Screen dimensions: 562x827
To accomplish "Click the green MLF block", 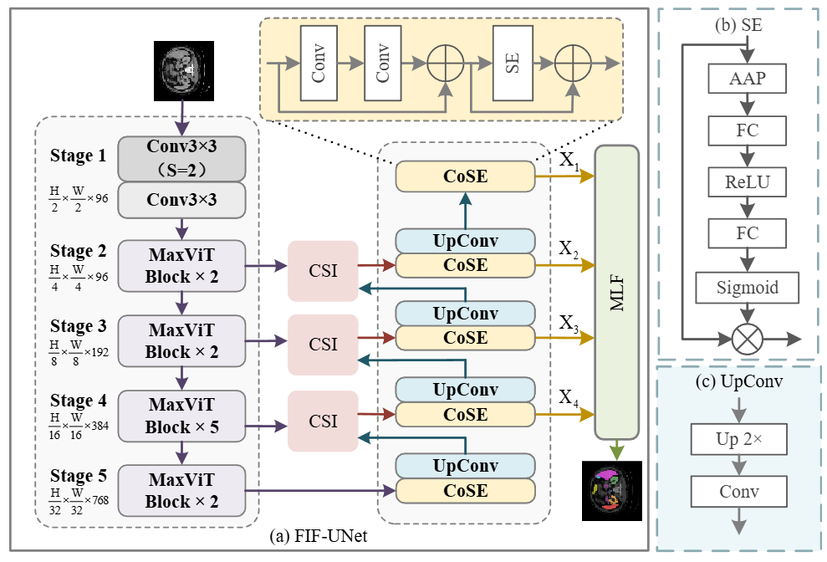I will pos(616,292).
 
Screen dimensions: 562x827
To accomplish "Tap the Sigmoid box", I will pos(747,288).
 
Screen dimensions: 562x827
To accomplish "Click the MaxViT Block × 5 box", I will pos(181,415).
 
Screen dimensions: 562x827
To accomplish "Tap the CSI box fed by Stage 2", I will pos(323,271).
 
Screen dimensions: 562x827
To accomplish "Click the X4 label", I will pos(569,397).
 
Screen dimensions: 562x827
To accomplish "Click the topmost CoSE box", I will pos(465,176).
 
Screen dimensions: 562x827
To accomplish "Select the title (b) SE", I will pos(738,25).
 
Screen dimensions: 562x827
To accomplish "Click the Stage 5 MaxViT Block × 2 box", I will pos(181,490).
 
